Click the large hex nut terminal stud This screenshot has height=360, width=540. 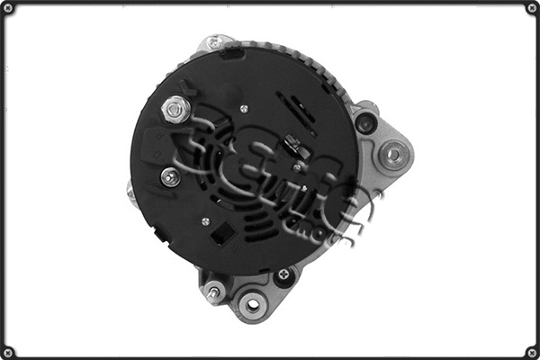[x=175, y=110]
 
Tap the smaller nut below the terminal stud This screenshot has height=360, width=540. [x=169, y=176]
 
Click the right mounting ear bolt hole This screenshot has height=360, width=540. [x=392, y=155]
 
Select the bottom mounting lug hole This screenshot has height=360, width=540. [x=252, y=304]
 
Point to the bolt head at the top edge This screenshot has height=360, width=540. [x=214, y=42]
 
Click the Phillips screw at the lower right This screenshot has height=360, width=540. [x=285, y=274]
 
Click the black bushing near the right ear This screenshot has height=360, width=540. [x=365, y=121]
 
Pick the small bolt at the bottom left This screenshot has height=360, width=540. [x=213, y=292]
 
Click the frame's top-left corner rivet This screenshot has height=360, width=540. [x=8, y=8]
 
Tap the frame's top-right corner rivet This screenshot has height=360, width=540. [x=531, y=8]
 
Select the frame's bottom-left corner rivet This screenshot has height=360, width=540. [x=8, y=351]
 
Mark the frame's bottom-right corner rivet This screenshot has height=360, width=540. [x=531, y=351]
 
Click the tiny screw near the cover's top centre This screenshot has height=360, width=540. [x=244, y=108]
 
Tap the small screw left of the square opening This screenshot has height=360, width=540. [x=205, y=220]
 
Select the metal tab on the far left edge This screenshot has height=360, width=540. [x=131, y=192]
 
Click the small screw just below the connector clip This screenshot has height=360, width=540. [x=297, y=167]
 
